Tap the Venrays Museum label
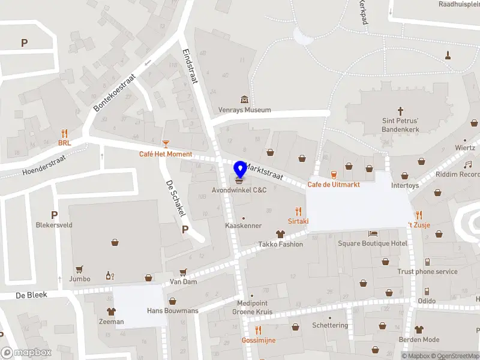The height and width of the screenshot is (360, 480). [x=245, y=110]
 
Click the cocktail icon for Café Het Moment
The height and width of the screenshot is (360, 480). [x=166, y=144]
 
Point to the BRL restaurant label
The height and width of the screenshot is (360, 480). [x=64, y=143]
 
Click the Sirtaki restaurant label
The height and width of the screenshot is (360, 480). [x=298, y=221]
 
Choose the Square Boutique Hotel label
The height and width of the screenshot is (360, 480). [x=373, y=243]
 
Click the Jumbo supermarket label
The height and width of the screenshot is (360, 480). [x=79, y=278]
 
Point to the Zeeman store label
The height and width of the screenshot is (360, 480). [x=111, y=322]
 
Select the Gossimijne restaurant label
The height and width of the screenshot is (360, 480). [x=259, y=340]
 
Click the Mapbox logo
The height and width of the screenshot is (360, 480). [x=26, y=353]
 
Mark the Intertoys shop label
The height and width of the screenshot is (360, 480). [x=405, y=186]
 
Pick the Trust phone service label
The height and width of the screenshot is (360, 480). [x=427, y=271]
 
